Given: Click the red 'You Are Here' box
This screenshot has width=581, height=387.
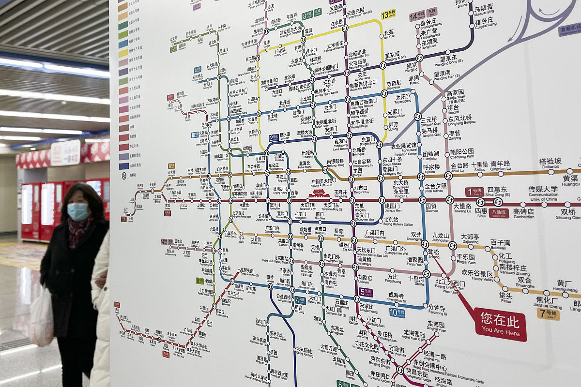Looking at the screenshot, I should click(500, 324).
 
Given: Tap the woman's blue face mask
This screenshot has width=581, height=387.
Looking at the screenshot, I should click(77, 211).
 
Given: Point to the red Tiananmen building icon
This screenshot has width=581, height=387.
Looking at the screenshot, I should click(319, 193).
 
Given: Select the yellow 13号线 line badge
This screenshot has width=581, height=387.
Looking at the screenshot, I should click(388, 15).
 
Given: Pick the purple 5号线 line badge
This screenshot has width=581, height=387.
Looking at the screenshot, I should click(366, 292).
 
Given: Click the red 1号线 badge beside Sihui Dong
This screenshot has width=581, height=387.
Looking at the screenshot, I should click(474, 192).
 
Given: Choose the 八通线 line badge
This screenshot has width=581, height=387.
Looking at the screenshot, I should click(499, 213).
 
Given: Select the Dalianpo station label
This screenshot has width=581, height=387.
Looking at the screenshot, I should click(550, 164).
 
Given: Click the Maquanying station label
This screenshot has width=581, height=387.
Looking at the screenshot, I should click(484, 10).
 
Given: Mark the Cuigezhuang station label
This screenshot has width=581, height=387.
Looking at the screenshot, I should click(485, 23).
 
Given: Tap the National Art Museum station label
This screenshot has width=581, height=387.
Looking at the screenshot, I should click(321, 183).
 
